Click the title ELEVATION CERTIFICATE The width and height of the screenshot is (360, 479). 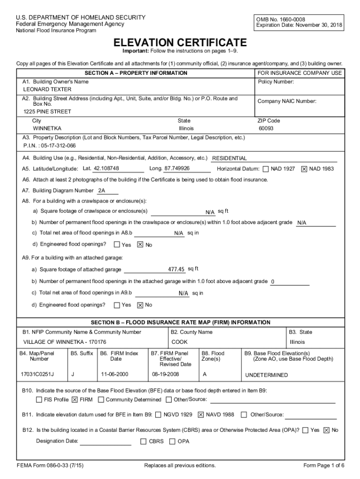pyautogui.click(x=181, y=42)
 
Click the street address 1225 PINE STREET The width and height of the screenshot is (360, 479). pyautogui.click(x=47, y=112)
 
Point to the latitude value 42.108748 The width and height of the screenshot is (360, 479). pyautogui.click(x=106, y=168)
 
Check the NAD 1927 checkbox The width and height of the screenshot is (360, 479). pyautogui.click(x=266, y=169)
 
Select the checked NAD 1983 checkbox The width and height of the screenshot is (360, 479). pyautogui.click(x=304, y=169)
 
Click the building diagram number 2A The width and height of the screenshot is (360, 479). pyautogui.click(x=101, y=191)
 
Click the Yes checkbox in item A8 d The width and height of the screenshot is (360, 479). pyautogui.click(x=117, y=245)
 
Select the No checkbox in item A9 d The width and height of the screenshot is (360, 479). pyautogui.click(x=140, y=305)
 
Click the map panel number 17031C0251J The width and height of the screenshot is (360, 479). pyautogui.click(x=37, y=375)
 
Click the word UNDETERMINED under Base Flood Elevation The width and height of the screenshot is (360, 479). pyautogui.click(x=266, y=375)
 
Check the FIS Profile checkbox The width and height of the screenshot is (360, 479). pyautogui.click(x=39, y=400)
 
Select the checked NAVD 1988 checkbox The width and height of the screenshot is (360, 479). pyautogui.click(x=201, y=414)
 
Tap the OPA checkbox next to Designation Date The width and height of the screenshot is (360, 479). pyautogui.click(x=172, y=441)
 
